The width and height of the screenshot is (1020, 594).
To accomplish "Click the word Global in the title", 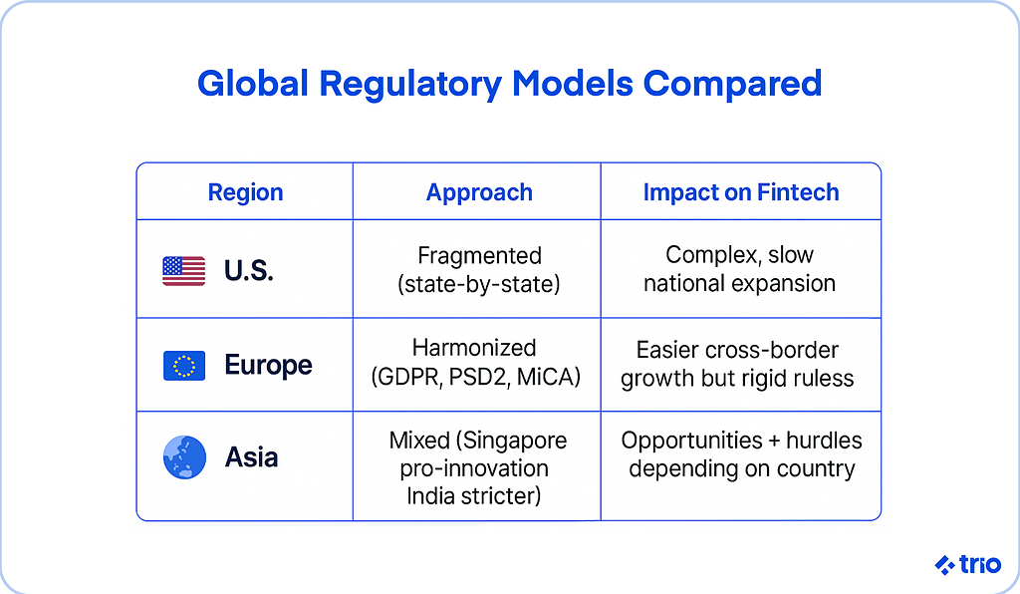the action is pyautogui.click(x=253, y=84).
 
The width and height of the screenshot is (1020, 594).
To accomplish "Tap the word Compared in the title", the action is pyautogui.click(x=732, y=84).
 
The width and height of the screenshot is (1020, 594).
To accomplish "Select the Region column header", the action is pyautogui.click(x=245, y=192).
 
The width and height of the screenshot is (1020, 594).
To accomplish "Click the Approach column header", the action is pyautogui.click(x=479, y=192).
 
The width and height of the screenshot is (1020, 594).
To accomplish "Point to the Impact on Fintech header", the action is pyautogui.click(x=741, y=192).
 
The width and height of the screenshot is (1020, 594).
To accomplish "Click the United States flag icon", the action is pyautogui.click(x=183, y=271).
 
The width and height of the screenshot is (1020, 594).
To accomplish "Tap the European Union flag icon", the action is pyautogui.click(x=184, y=366).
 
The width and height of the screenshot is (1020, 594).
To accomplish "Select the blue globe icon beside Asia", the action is pyautogui.click(x=184, y=457).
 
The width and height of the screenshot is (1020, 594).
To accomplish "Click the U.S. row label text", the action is pyautogui.click(x=248, y=271).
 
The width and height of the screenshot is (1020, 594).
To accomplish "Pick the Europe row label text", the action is pyautogui.click(x=268, y=366).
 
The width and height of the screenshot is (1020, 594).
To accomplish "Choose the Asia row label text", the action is pyautogui.click(x=252, y=457).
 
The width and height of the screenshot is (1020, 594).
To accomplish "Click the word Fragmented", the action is pyautogui.click(x=479, y=256).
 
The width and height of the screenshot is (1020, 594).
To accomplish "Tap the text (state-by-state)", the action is pyautogui.click(x=479, y=284).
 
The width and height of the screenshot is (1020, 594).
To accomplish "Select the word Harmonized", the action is pyautogui.click(x=474, y=348).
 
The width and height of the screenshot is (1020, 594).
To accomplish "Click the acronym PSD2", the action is pyautogui.click(x=478, y=377).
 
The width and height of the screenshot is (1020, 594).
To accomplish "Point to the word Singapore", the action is pyautogui.click(x=514, y=442).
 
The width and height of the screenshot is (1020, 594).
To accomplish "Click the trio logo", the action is pyautogui.click(x=967, y=565).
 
